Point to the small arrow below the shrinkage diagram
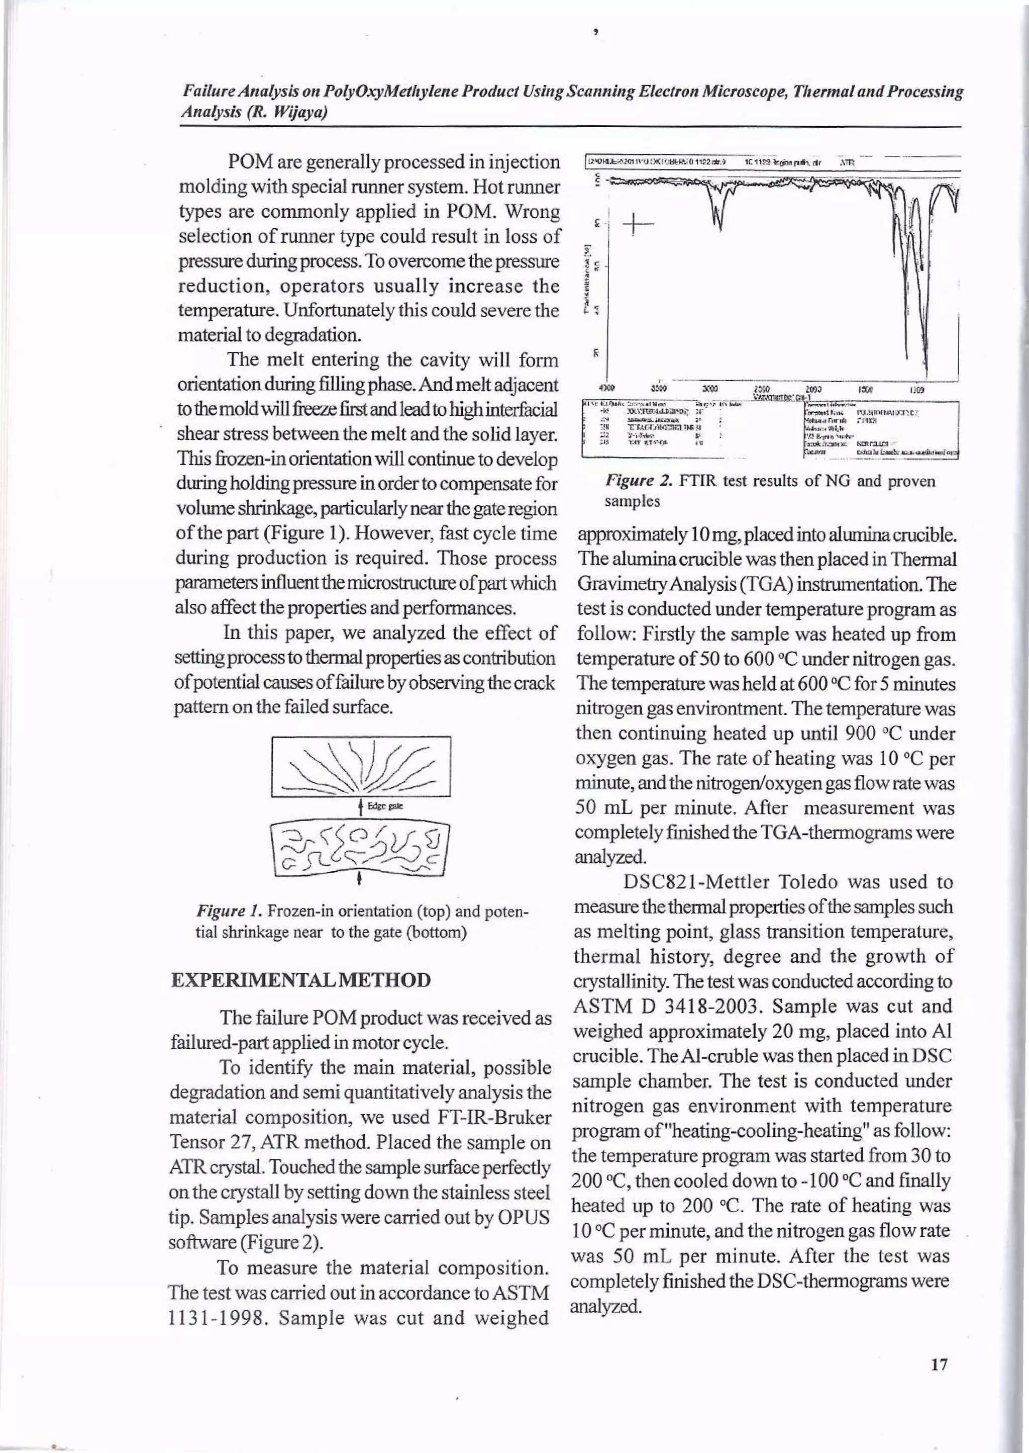(360, 879)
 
